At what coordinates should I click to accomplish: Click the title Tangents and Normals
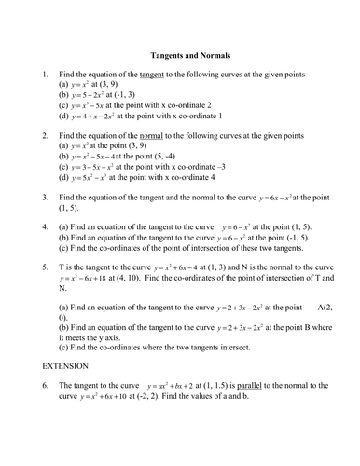tap(189, 55)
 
